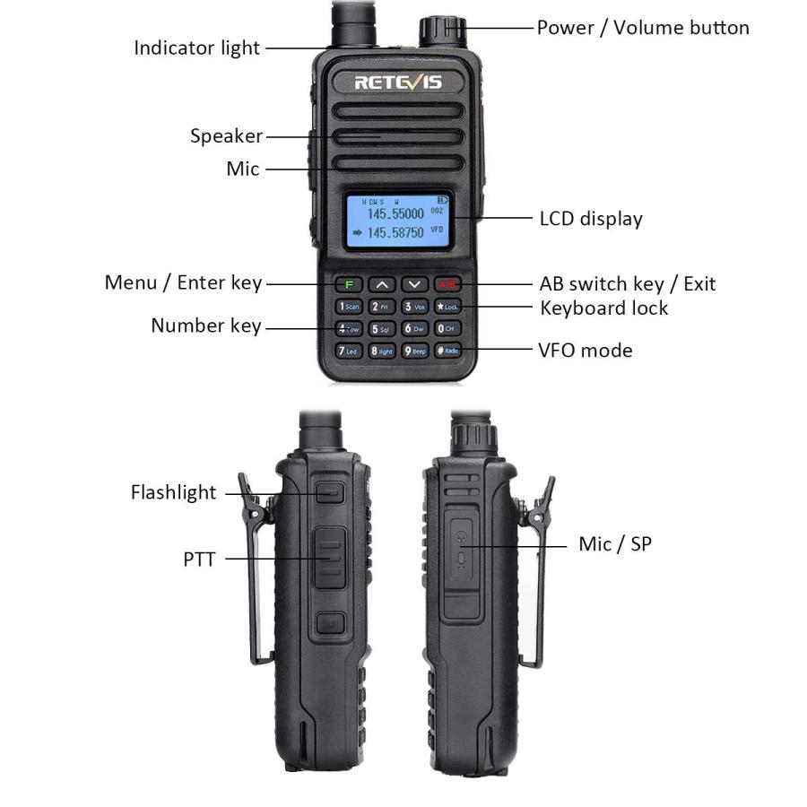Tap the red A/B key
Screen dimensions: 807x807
(x=446, y=284)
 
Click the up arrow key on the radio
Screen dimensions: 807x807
(x=382, y=284)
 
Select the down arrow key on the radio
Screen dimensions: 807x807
(x=414, y=284)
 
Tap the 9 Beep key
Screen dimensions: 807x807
(x=414, y=351)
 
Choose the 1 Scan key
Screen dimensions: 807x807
(x=349, y=307)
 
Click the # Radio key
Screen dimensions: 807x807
(x=447, y=351)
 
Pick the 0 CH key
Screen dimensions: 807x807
(x=447, y=328)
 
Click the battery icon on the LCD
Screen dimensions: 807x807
(x=441, y=199)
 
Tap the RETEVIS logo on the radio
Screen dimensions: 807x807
(x=398, y=83)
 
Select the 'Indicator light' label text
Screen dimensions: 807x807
(x=196, y=48)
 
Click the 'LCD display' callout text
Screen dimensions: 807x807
(x=591, y=218)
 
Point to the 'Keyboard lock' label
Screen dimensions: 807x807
(x=603, y=308)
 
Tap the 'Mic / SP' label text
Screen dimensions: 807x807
(x=614, y=543)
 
